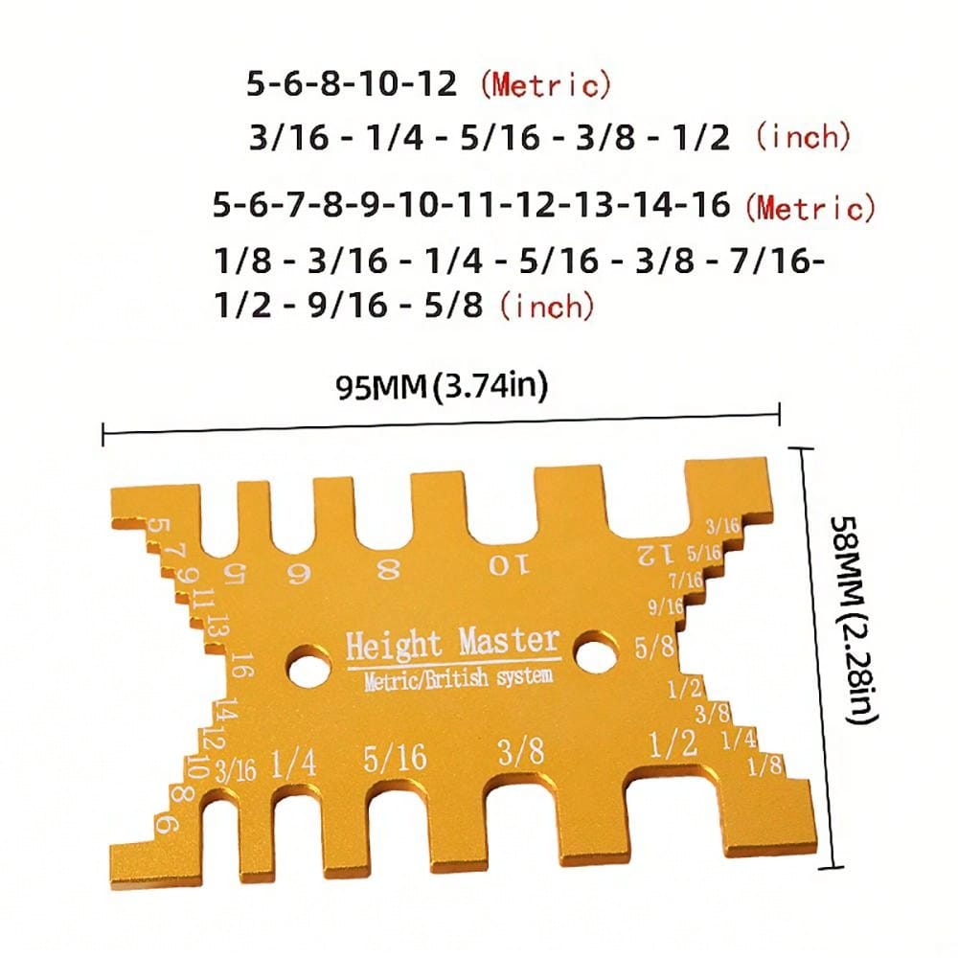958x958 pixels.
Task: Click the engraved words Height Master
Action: tap(452, 641)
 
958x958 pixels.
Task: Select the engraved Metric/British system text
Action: tap(458, 678)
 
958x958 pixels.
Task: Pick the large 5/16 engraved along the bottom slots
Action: tap(395, 759)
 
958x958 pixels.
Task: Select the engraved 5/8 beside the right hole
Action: tap(656, 648)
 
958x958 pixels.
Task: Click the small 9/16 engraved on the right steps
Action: tap(666, 605)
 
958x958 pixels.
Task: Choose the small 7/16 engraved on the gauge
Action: tap(685, 579)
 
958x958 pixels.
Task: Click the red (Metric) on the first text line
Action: tap(545, 85)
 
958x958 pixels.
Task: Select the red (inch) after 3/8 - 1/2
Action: tap(802, 136)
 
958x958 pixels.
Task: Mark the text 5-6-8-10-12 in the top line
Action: tap(352, 84)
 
